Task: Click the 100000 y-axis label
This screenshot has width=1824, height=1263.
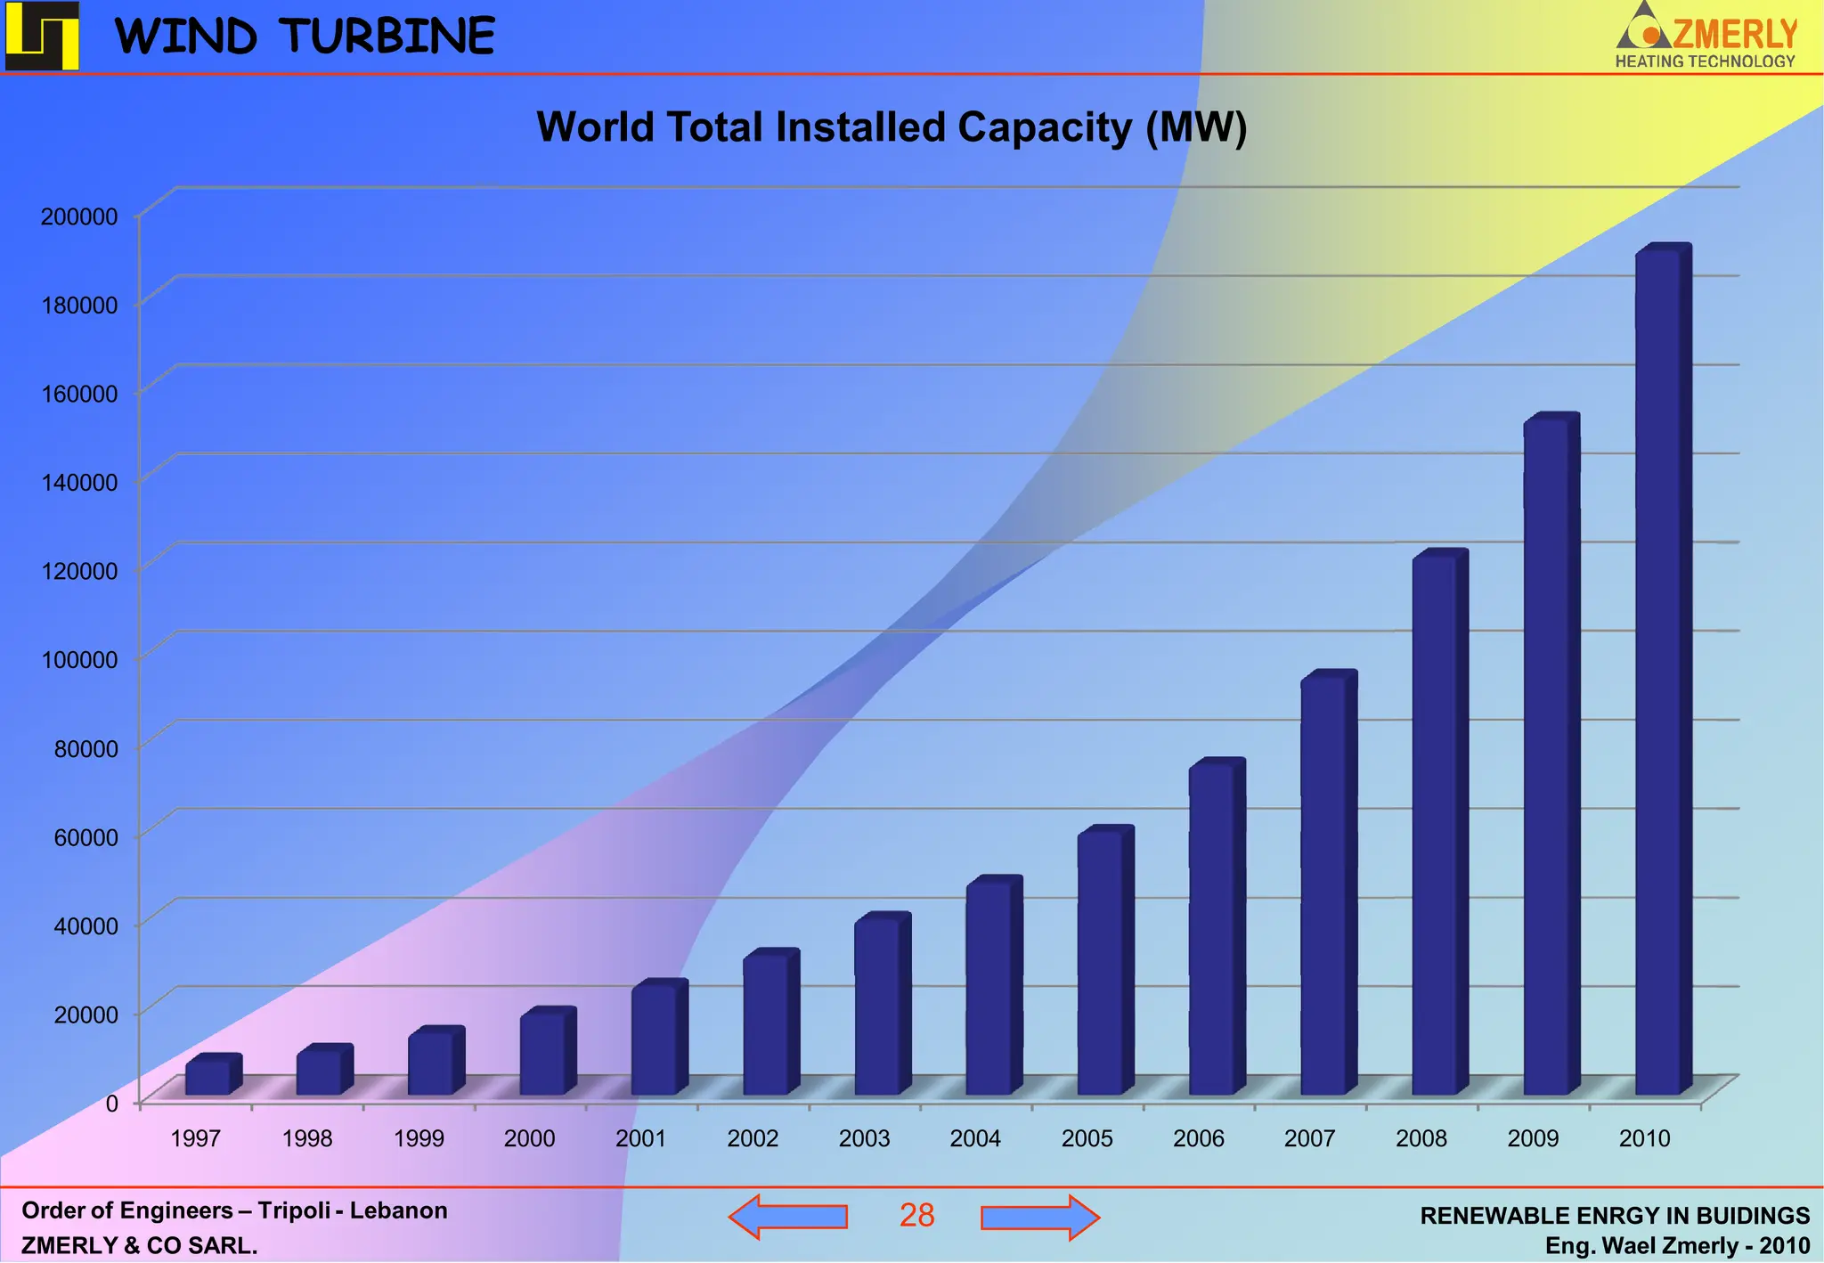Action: pos(79,660)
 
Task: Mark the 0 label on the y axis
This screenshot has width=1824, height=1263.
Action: pos(111,1104)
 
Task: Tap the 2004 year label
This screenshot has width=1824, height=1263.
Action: pos(975,1138)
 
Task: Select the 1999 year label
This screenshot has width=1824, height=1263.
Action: pos(419,1138)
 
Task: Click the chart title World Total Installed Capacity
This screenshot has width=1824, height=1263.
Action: pos(891,127)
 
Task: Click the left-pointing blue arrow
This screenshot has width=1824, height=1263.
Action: pos(788,1217)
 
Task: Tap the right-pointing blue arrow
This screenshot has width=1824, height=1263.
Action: pos(1039,1217)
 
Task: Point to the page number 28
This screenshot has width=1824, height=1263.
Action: pos(916,1216)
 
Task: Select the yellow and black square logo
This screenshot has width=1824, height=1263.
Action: pos(42,36)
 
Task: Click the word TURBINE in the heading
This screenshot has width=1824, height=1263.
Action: pos(389,37)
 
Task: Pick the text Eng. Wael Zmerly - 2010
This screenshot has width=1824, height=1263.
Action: pos(1677,1245)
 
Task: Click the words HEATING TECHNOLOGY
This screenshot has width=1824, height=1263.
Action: pos(1705,61)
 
